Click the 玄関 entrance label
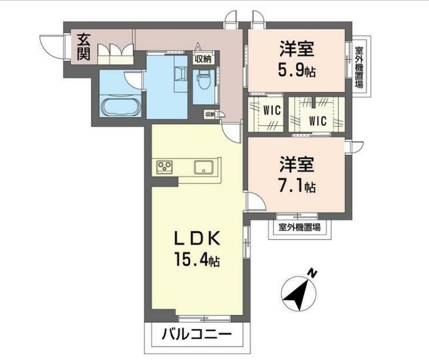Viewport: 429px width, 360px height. tap(84, 47)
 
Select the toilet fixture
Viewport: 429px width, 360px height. tap(203, 79)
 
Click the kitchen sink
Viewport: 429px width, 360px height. tap(202, 166)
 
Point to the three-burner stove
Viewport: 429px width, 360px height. tap(165, 166)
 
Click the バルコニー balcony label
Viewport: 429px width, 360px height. tap(196, 334)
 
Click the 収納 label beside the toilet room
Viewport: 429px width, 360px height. tap(203, 59)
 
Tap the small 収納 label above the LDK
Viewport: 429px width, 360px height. tap(210, 114)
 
